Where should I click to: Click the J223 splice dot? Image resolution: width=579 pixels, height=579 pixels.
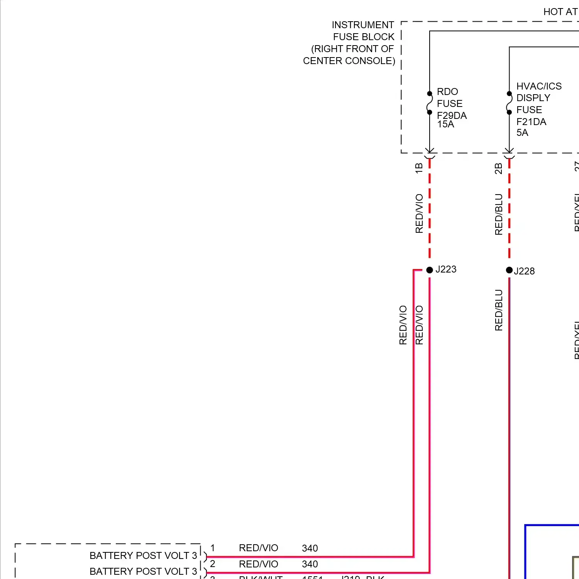point(430,270)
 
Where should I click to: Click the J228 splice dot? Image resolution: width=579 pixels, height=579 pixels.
point(509,270)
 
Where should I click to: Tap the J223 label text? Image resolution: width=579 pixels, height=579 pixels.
point(446,269)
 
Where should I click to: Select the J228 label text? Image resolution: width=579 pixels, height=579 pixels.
point(524,271)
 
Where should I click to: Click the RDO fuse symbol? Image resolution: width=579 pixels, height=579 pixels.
point(430,103)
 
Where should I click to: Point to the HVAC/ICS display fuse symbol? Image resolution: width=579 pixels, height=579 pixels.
point(509,103)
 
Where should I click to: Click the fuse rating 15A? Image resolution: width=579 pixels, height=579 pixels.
point(445,124)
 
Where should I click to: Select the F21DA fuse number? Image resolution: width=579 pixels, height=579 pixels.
point(531,122)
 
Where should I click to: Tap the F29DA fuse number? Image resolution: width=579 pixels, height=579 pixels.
point(452,115)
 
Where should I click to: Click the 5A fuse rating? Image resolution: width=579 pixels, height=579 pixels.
point(522,133)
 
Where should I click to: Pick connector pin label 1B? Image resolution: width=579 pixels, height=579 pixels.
point(419,168)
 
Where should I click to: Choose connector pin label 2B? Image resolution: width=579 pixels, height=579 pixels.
point(499,169)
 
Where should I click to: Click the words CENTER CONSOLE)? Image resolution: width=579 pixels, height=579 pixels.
point(349,61)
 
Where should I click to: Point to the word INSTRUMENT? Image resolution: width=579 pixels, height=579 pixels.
point(363,25)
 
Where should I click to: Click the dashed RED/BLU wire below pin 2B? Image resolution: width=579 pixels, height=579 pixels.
point(509,208)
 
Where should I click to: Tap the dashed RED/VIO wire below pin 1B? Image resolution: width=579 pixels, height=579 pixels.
point(430,208)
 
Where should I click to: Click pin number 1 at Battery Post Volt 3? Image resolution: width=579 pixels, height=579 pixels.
point(213,548)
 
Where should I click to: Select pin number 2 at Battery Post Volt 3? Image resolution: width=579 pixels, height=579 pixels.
point(213,564)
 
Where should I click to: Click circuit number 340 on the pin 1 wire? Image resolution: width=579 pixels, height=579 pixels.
point(310,548)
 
